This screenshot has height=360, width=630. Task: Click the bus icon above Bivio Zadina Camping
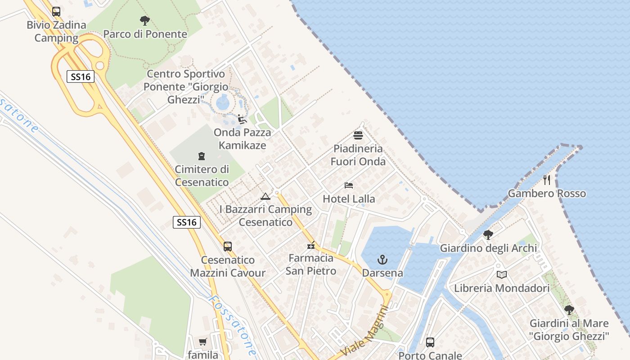tap(56, 12)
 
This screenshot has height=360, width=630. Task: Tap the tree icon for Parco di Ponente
tap(144, 20)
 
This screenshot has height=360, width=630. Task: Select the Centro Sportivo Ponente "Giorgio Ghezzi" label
tap(186, 86)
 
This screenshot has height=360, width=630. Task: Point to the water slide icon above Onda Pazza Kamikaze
tap(242, 119)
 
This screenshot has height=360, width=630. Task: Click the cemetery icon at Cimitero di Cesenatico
tap(202, 156)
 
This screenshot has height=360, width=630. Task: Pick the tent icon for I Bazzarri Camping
tap(265, 196)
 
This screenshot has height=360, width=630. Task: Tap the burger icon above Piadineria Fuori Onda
tap(358, 135)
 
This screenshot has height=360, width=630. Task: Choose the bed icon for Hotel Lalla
tap(349, 185)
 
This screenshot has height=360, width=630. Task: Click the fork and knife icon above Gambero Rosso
tap(547, 180)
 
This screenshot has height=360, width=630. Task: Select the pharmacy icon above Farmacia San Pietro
tap(310, 245)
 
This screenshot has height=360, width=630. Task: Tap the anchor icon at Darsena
tap(382, 260)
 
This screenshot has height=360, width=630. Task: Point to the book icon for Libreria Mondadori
tap(502, 274)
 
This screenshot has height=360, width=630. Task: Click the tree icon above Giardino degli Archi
tap(488, 234)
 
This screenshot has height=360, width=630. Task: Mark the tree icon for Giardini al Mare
tap(569, 310)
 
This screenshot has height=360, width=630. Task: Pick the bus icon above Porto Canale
tap(430, 342)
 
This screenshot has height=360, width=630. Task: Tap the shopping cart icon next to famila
tap(203, 342)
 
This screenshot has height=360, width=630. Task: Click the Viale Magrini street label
tap(365, 331)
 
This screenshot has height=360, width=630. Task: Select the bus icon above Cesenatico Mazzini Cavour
tap(228, 247)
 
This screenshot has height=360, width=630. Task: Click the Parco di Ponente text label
tap(145, 34)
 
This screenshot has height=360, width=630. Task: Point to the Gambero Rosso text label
tap(547, 193)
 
